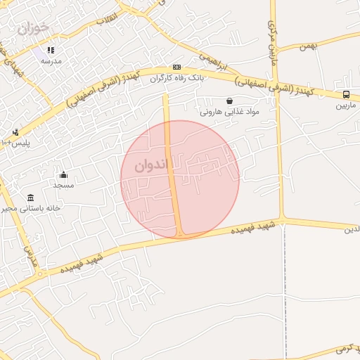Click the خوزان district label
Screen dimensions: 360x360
coord(34,28)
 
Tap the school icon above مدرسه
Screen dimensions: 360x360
coord(51,50)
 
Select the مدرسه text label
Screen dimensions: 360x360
coord(51,60)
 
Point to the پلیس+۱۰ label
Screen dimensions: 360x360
coord(16,143)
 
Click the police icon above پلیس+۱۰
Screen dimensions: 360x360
coord(15,132)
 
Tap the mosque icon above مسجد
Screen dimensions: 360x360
coord(63,174)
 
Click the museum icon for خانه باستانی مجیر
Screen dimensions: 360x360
coord(30,198)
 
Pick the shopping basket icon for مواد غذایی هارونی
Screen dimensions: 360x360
coord(230,101)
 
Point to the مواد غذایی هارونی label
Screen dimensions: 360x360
coord(230,111)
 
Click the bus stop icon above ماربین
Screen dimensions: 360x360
coord(345,94)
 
